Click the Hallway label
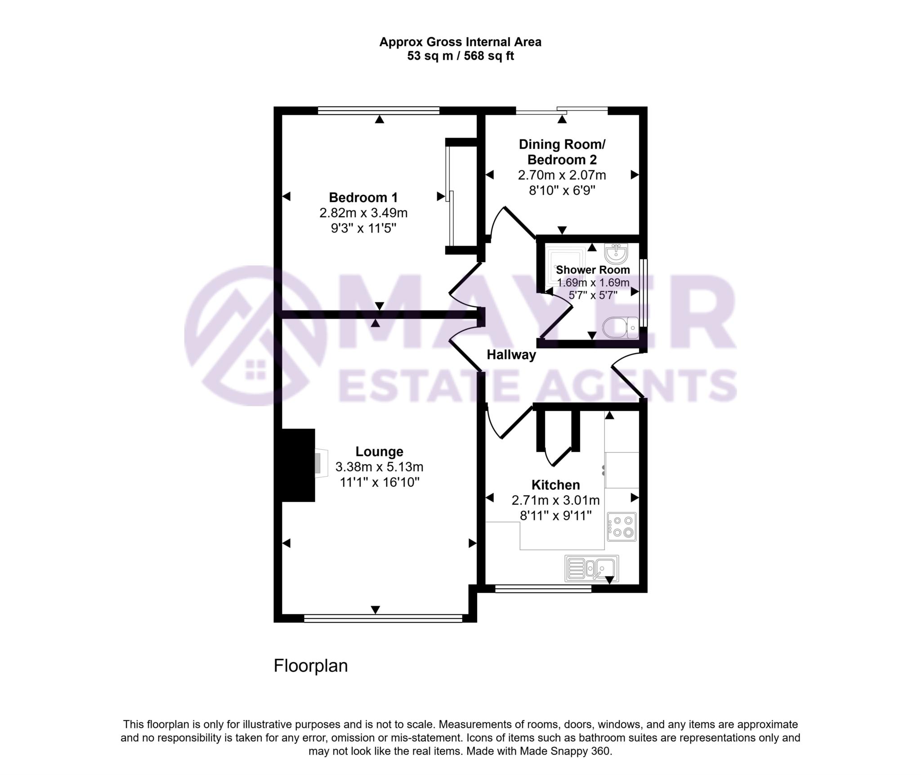[x=511, y=355]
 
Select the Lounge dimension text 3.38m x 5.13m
[x=379, y=467]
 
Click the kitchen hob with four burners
[x=621, y=527]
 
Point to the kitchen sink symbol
[x=591, y=569]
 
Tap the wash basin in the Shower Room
[x=616, y=254]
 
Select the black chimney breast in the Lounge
[x=298, y=465]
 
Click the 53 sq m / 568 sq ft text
[x=460, y=56]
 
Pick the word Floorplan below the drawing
[x=311, y=666]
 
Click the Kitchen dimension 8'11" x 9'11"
[x=555, y=515]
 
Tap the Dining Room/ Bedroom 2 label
[x=562, y=152]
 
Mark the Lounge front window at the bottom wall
[x=383, y=618]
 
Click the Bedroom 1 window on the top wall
[x=378, y=110]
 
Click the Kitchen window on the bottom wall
[x=543, y=588]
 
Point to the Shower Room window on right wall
[x=644, y=293]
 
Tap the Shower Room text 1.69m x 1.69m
[x=593, y=283]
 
